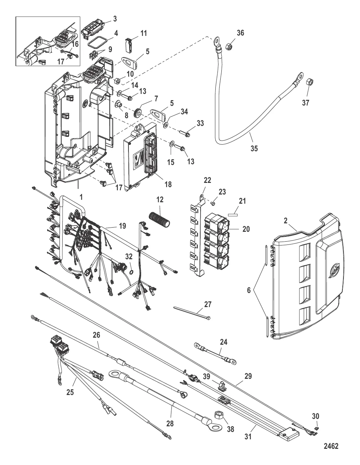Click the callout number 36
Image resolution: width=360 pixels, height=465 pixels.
pyautogui.click(x=240, y=33)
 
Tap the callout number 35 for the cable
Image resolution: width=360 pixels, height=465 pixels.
pyautogui.click(x=254, y=148)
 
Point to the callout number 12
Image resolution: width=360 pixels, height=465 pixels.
pyautogui.click(x=160, y=199)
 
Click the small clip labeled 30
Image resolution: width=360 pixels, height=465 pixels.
pyautogui.click(x=316, y=428)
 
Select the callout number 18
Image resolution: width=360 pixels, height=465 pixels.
pyautogui.click(x=168, y=184)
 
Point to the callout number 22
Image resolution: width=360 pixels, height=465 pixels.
pyautogui.click(x=208, y=180)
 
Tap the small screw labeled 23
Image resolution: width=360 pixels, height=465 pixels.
pyautogui.click(x=213, y=204)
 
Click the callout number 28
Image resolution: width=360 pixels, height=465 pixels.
pyautogui.click(x=170, y=424)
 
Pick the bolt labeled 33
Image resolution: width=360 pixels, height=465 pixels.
pyautogui.click(x=186, y=134)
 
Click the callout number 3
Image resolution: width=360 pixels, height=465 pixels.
pyautogui.click(x=115, y=18)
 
